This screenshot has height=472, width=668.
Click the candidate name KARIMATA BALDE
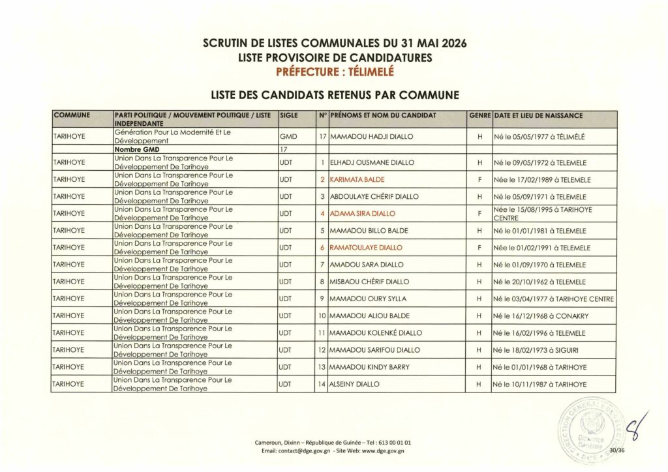[x=357, y=179]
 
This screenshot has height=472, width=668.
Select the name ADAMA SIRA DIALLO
[x=363, y=213]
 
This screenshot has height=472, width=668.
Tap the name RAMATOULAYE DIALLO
[x=365, y=248]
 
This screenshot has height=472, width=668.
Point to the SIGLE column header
[x=288, y=115]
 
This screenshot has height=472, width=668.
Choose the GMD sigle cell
[x=288, y=137]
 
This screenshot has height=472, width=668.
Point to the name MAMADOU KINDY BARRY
[x=370, y=367]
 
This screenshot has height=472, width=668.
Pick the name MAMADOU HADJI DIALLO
[x=372, y=137]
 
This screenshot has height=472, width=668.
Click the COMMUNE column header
[x=72, y=115]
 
